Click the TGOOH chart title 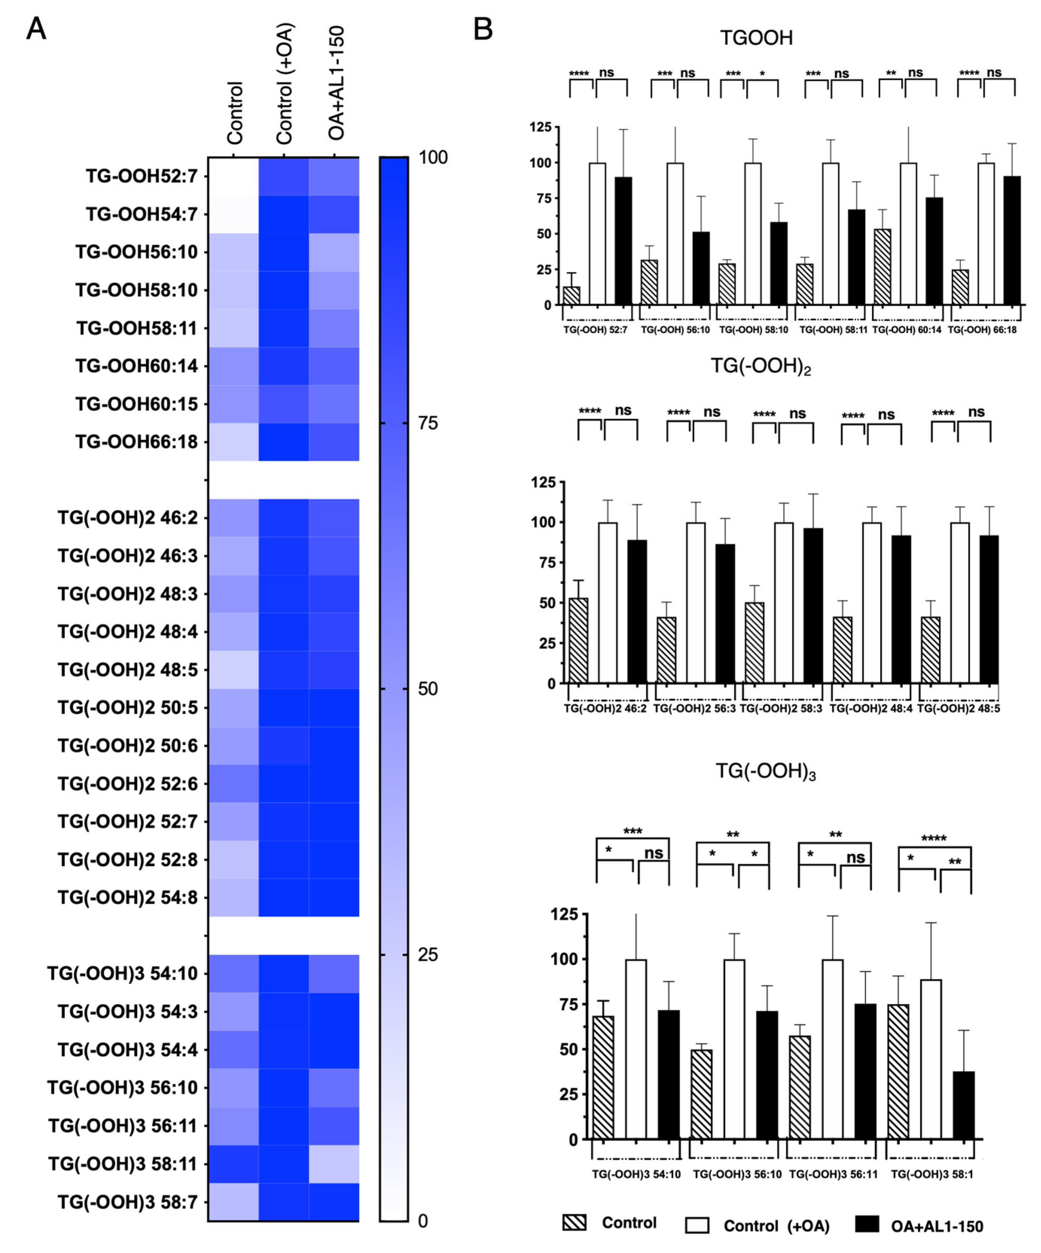pyautogui.click(x=756, y=38)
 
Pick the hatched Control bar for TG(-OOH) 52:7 pyautogui.click(x=572, y=295)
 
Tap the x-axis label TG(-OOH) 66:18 pyautogui.click(x=982, y=329)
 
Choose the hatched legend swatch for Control pyautogui.click(x=574, y=1223)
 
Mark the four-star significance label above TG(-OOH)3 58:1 pyautogui.click(x=934, y=838)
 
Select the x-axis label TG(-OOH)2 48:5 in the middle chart pyautogui.click(x=958, y=709)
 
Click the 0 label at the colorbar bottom pyautogui.click(x=422, y=1221)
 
